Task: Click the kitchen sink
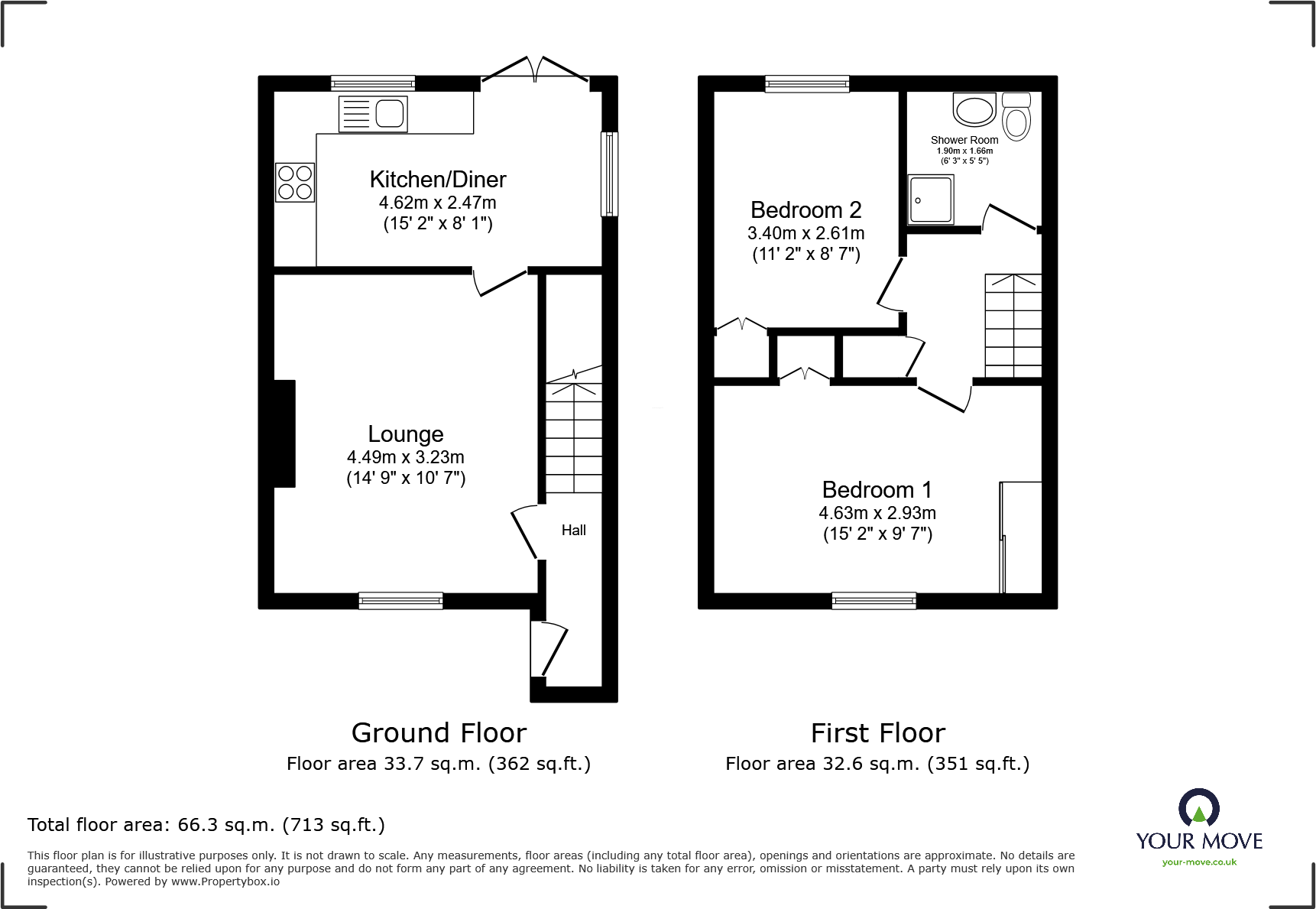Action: pos(373,115)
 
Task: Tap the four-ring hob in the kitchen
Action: pos(295,183)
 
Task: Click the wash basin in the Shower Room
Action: pos(974,109)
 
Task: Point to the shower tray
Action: pos(931,200)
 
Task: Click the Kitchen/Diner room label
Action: pos(438,180)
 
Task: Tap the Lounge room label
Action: pos(406,434)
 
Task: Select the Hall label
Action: pos(574,530)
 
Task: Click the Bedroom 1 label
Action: pos(877,489)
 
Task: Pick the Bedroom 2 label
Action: pos(806,209)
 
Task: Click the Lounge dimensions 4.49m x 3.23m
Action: pos(406,457)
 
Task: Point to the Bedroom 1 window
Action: pos(874,601)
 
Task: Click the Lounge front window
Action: pos(400,601)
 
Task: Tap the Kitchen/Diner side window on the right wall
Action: pos(609,174)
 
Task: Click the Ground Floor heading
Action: pos(439,733)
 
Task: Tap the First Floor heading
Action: pos(878,733)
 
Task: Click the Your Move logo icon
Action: pos(1199,807)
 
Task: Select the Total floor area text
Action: pos(206,825)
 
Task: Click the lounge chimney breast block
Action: pos(284,433)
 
